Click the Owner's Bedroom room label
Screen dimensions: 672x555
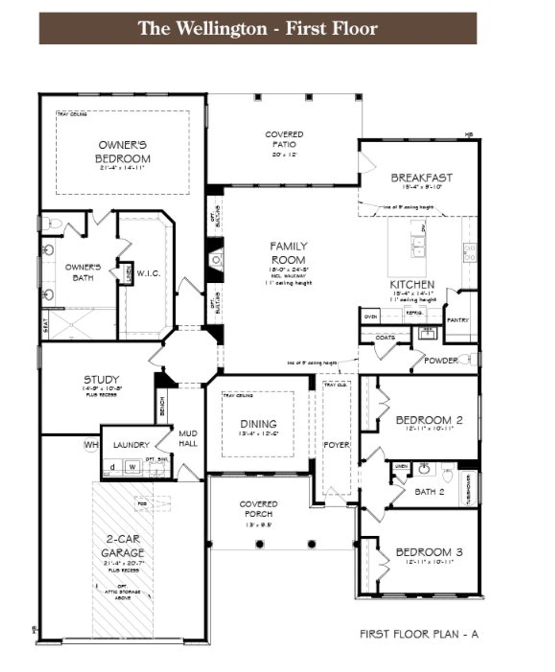pos(123,152)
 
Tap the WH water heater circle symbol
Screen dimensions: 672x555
pos(91,445)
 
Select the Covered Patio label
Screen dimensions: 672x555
pos(284,139)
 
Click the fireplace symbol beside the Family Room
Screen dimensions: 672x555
pos(216,260)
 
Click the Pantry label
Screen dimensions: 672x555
pos(458,320)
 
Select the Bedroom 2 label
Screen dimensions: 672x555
pos(429,420)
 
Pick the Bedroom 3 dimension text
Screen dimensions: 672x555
pos(429,561)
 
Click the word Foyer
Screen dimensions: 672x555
pos(336,445)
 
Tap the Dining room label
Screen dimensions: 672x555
pos(258,424)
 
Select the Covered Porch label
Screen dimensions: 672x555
pos(258,509)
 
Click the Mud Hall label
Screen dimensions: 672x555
pos(188,438)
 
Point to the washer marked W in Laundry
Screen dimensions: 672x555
pos(133,467)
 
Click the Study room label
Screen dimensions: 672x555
pos(101,380)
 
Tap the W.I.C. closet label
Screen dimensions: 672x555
pos(149,274)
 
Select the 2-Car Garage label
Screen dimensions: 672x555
pos(123,546)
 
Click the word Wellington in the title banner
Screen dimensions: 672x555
pos(221,29)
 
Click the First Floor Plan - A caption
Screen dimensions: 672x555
pos(419,634)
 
